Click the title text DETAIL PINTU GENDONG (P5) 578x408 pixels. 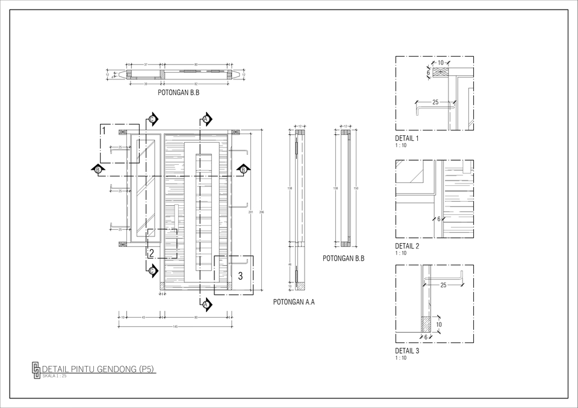pos(99,369)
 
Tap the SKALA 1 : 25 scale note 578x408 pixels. pos(55,376)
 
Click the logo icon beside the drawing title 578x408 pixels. pos(36,369)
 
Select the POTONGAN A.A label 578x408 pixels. pos(294,302)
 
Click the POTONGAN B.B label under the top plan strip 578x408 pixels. pos(178,93)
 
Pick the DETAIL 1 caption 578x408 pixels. pos(407,138)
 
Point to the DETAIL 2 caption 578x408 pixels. pos(407,246)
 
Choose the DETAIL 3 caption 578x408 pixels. pos(407,351)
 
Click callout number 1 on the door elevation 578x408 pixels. pos(104,131)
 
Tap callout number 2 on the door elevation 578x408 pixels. pos(151,253)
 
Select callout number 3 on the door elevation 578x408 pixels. pos(240,276)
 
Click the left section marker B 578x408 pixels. pos(98,170)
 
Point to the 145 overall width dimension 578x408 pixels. pos(175,326)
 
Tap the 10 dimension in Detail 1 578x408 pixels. pos(441,63)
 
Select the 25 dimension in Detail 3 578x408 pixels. pos(443,285)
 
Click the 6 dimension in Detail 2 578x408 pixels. pos(439,218)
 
